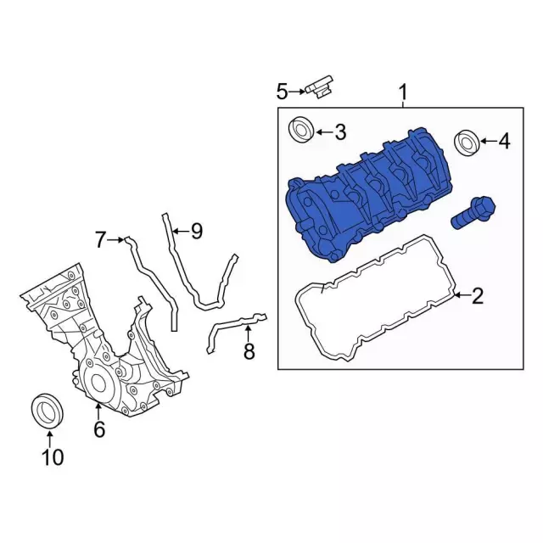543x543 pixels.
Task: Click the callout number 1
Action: coord(403,91)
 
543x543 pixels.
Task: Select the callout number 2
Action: coord(478,296)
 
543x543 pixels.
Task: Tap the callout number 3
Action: coord(339,132)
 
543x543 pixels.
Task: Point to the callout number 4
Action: coord(504,142)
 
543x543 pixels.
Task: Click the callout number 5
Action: coord(282,90)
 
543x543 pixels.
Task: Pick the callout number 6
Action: coord(99,430)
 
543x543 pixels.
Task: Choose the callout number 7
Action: coord(100,240)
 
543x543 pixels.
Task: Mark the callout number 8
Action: coord(249,351)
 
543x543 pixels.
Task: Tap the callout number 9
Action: coord(196,231)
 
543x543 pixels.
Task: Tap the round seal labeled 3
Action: coord(300,131)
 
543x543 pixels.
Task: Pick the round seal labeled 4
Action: coord(466,142)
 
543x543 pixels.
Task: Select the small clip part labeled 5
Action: coord(321,87)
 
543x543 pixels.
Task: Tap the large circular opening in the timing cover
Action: coord(98,381)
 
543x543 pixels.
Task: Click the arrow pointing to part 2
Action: coord(459,296)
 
